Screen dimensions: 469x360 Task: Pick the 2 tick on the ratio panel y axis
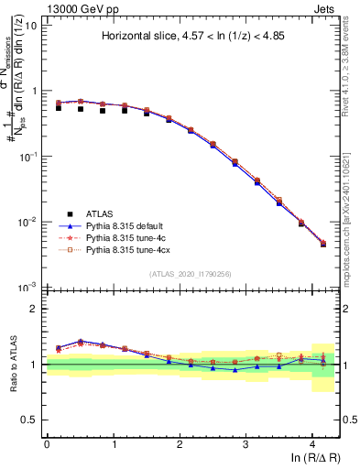(35, 309)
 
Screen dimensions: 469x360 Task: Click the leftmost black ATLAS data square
(59, 108)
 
